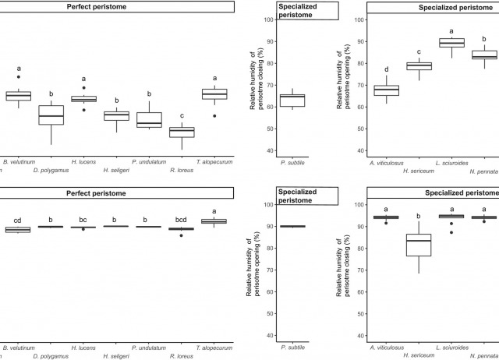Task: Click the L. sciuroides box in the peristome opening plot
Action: coord(451,42)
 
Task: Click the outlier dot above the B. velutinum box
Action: coord(19,77)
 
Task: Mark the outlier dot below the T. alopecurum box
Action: coord(214,115)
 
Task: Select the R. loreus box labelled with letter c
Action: coord(182,132)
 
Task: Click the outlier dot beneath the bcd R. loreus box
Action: coord(182,235)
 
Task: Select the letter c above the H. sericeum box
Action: coord(419,51)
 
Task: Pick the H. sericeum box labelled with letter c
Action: coord(419,65)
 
